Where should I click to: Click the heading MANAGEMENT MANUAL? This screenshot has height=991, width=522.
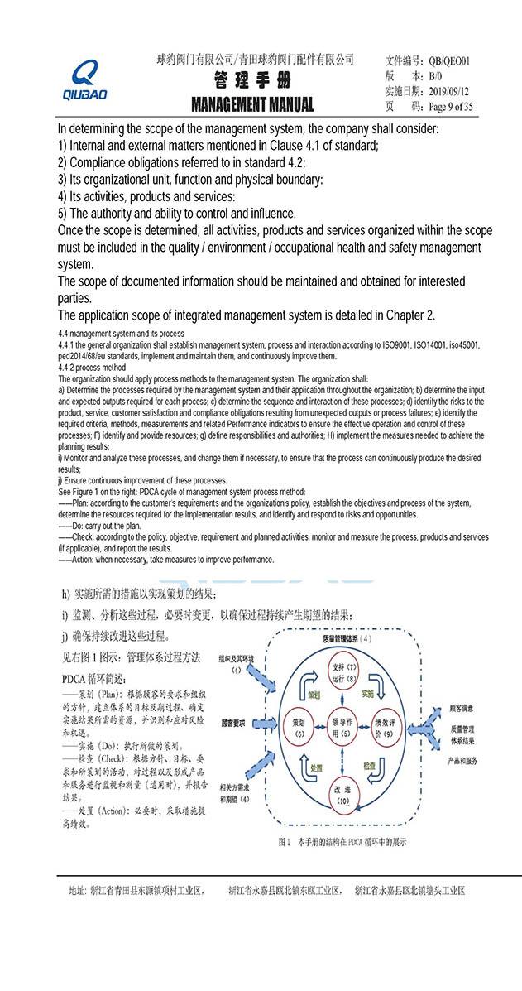pos(252,104)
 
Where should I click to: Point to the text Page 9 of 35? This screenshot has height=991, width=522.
pos(451,106)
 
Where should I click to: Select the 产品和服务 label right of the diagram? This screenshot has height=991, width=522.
pos(466,760)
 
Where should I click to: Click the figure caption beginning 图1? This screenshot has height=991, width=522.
pos(342,842)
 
